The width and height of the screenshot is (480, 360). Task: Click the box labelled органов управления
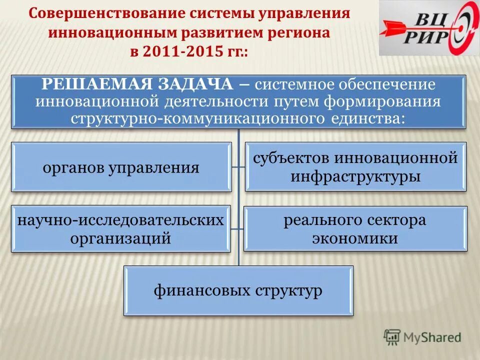(x=121, y=167)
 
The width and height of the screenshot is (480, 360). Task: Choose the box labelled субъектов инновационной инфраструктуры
(x=355, y=167)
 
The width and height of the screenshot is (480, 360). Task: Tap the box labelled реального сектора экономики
(x=355, y=228)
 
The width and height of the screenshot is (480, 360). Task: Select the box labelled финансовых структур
(x=238, y=290)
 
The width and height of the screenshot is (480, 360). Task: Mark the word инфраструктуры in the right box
(x=355, y=176)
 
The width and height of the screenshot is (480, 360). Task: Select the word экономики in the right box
(x=355, y=238)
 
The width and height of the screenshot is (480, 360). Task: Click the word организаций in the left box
(x=121, y=238)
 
